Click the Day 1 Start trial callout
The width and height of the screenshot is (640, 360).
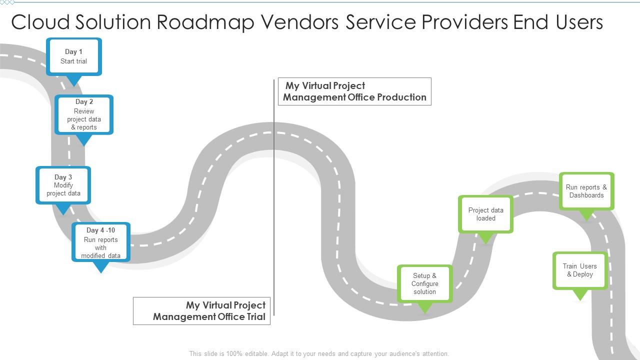74,56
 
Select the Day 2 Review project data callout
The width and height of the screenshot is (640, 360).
84,114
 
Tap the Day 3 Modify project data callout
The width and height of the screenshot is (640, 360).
63,185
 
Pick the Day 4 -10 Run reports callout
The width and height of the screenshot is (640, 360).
101,242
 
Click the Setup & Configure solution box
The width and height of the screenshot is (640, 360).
425,283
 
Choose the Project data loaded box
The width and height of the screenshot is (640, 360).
485,214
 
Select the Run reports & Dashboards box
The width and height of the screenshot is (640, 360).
586,191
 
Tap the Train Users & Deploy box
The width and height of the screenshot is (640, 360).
580,270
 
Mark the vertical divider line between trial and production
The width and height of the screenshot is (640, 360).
274,200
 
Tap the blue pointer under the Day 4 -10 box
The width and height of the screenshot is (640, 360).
101,267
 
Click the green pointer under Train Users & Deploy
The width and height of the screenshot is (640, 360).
580,295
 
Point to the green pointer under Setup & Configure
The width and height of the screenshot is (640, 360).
425,308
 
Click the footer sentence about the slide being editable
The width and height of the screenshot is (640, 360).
319,353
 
